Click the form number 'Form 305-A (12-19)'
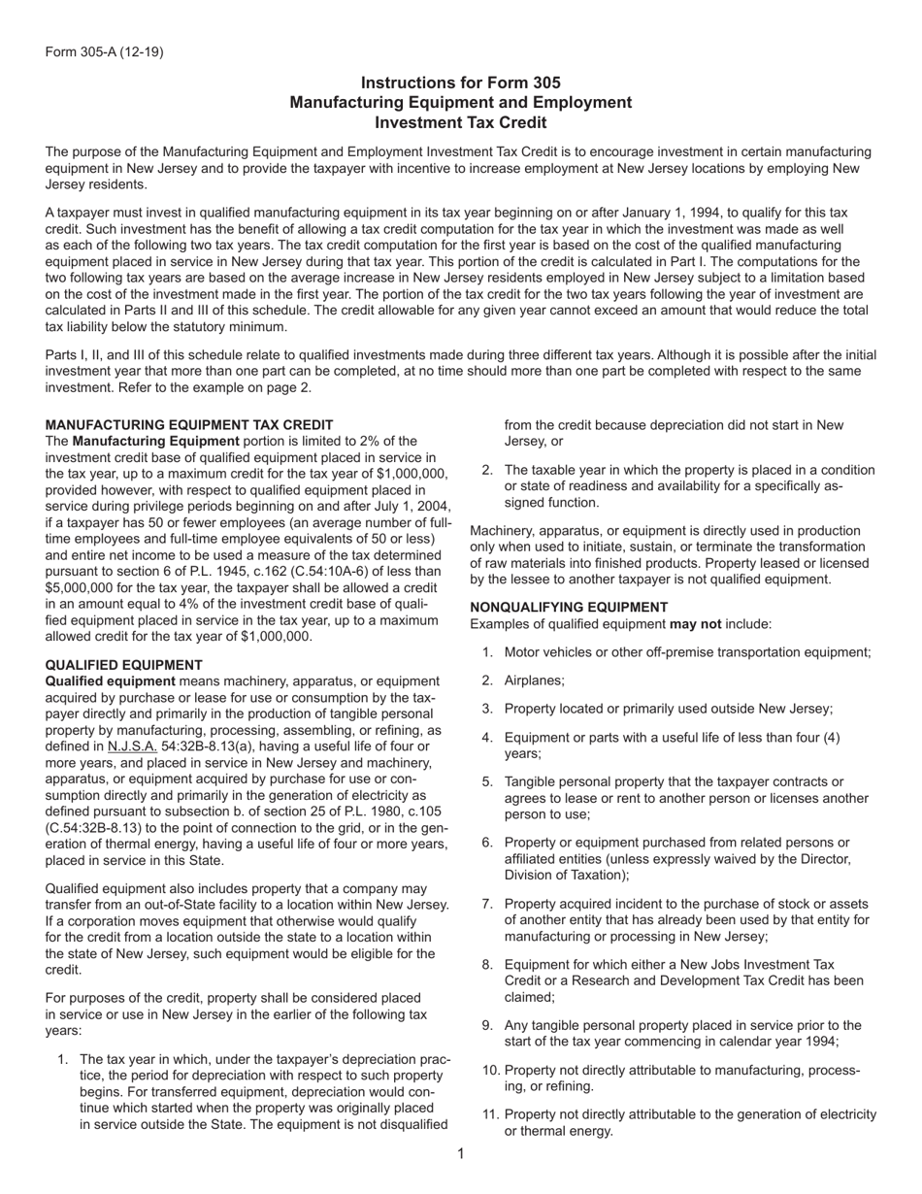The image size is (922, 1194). [104, 51]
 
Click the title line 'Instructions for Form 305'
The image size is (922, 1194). [460, 83]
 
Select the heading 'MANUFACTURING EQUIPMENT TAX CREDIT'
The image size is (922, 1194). [189, 425]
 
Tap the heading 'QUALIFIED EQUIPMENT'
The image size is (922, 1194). [124, 665]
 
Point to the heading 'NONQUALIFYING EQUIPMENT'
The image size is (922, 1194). [569, 608]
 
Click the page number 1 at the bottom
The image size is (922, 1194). [461, 1154]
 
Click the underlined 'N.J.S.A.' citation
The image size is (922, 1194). [132, 746]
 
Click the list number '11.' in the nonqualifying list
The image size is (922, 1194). [491, 1114]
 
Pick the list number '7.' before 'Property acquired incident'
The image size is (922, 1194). [488, 904]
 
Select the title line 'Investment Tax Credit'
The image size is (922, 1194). [460, 123]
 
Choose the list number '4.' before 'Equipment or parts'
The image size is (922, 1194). [488, 737]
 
